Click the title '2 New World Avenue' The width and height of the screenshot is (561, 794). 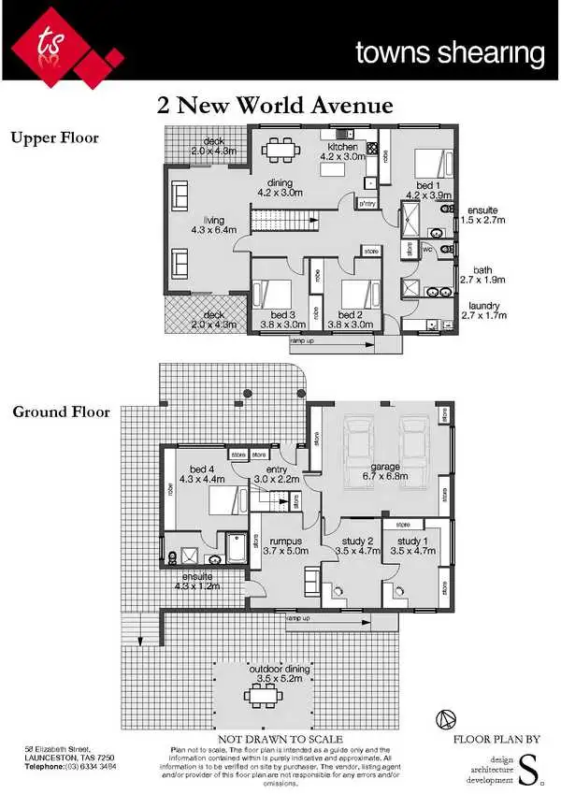(275, 105)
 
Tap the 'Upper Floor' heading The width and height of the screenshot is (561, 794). (54, 138)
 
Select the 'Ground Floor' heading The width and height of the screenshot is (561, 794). (61, 411)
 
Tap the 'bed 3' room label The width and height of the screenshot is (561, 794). (282, 315)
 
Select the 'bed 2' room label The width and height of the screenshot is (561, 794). (350, 315)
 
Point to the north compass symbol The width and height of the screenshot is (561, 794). (446, 719)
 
